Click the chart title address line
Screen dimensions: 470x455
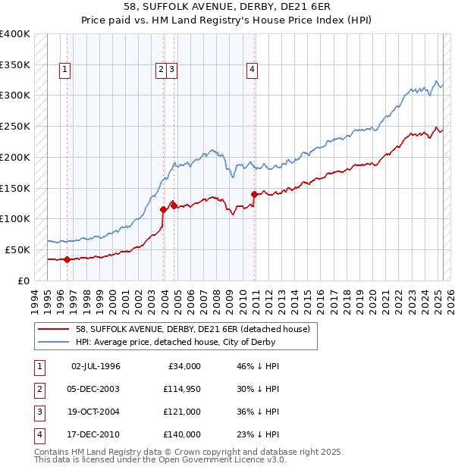click(227, 7)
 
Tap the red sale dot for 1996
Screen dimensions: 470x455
click(67, 259)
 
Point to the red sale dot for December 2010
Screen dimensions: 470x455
click(253, 194)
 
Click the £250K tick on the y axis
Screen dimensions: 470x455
click(15, 127)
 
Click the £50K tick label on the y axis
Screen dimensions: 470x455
click(17, 249)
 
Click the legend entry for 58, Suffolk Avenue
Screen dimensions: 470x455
click(193, 330)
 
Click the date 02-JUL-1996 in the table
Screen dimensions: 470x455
click(96, 366)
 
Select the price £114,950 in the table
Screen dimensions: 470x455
click(182, 389)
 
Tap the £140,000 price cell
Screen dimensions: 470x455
click(182, 434)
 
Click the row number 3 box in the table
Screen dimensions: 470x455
click(38, 412)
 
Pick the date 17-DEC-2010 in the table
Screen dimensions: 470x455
click(96, 434)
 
